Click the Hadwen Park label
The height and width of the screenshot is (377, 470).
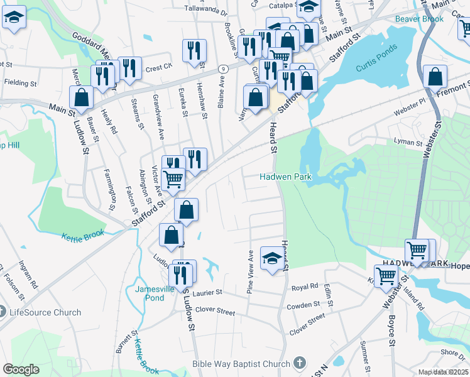[x=286, y=177]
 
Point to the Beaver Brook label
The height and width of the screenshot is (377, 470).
[x=419, y=19]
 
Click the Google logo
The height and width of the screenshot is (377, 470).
[x=21, y=369]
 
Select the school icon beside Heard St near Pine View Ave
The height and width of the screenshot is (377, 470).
[x=271, y=258]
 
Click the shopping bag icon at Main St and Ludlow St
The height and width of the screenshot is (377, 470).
[x=82, y=97]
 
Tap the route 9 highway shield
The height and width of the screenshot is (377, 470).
[x=222, y=68]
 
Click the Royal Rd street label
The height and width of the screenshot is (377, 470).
[x=305, y=287]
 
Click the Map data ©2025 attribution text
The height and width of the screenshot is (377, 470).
[x=444, y=372]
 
